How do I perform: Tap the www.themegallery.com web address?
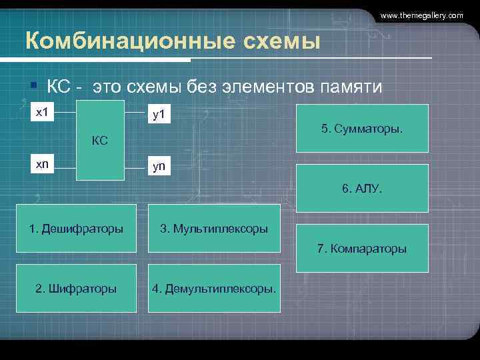point(422,15)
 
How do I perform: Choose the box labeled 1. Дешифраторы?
point(76,229)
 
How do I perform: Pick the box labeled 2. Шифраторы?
point(76,289)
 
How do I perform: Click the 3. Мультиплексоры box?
point(214,229)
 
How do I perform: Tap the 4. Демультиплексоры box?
point(214,289)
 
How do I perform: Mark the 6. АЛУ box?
point(362,189)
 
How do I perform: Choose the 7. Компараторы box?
point(362,249)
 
